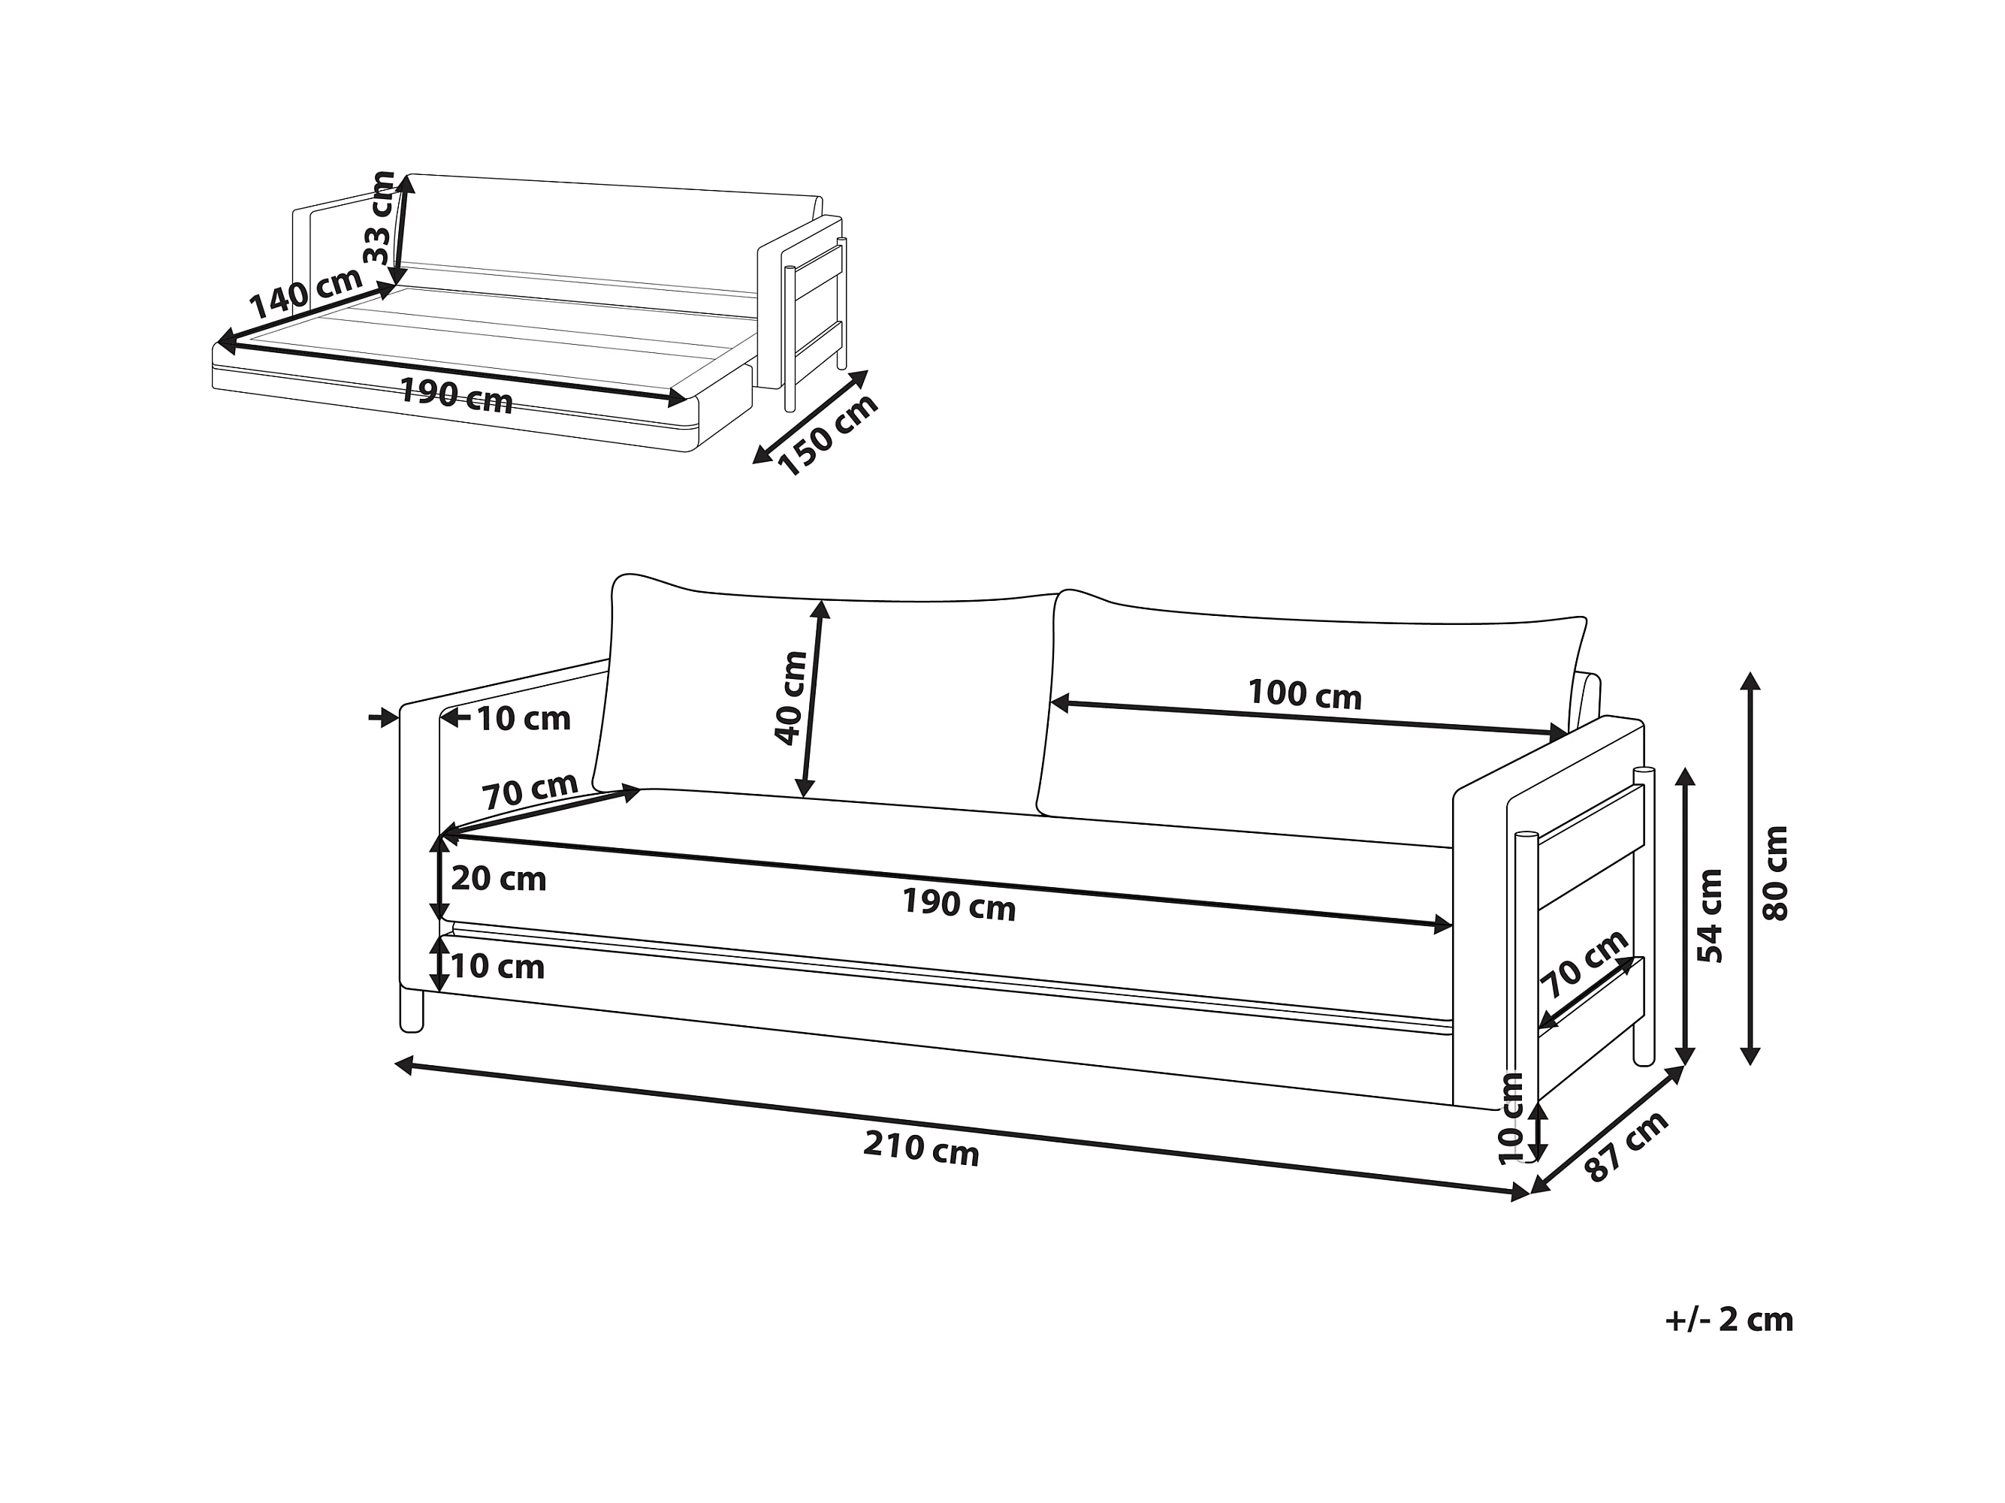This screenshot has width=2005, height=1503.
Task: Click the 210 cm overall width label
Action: pyautogui.click(x=921, y=1149)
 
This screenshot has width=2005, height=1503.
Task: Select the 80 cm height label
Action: pyautogui.click(x=1776, y=873)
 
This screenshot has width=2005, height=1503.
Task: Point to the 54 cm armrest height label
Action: pyautogui.click(x=1710, y=916)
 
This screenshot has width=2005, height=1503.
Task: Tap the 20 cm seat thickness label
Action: pyautogui.click(x=499, y=878)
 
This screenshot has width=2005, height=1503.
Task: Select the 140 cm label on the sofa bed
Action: pyautogui.click(x=306, y=292)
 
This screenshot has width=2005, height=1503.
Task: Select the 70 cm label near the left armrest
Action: pyautogui.click(x=530, y=789)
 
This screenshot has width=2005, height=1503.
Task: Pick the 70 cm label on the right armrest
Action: pyautogui.click(x=1584, y=964)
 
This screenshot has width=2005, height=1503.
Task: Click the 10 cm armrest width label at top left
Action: pyautogui.click(x=523, y=719)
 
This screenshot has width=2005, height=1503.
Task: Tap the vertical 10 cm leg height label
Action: pyautogui.click(x=1511, y=1118)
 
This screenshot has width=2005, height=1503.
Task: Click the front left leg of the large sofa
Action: pyautogui.click(x=412, y=1011)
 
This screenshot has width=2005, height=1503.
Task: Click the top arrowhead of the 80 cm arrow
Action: pyautogui.click(x=1751, y=680)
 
